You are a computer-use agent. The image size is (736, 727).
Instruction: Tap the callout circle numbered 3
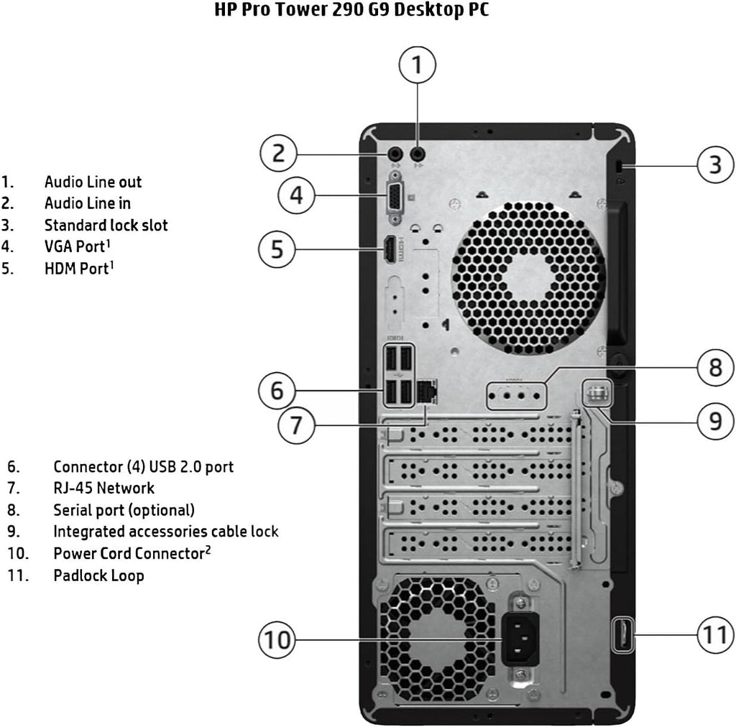(716, 164)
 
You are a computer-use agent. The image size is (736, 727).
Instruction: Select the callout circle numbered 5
(277, 249)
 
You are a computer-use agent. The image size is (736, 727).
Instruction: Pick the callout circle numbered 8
(716, 368)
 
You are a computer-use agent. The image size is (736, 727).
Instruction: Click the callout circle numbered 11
(716, 634)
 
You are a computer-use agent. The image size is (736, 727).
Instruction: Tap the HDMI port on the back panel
(388, 249)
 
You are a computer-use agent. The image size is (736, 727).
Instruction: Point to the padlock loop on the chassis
(622, 634)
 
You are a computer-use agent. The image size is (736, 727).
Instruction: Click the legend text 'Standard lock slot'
(106, 226)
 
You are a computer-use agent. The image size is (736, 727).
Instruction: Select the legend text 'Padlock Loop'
(98, 575)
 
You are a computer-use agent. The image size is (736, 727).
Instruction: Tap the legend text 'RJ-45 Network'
(103, 488)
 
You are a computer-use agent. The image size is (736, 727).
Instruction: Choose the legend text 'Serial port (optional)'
(124, 510)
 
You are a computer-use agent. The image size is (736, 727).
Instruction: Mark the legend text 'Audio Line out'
(93, 182)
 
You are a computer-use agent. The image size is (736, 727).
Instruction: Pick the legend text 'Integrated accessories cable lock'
(165, 532)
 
